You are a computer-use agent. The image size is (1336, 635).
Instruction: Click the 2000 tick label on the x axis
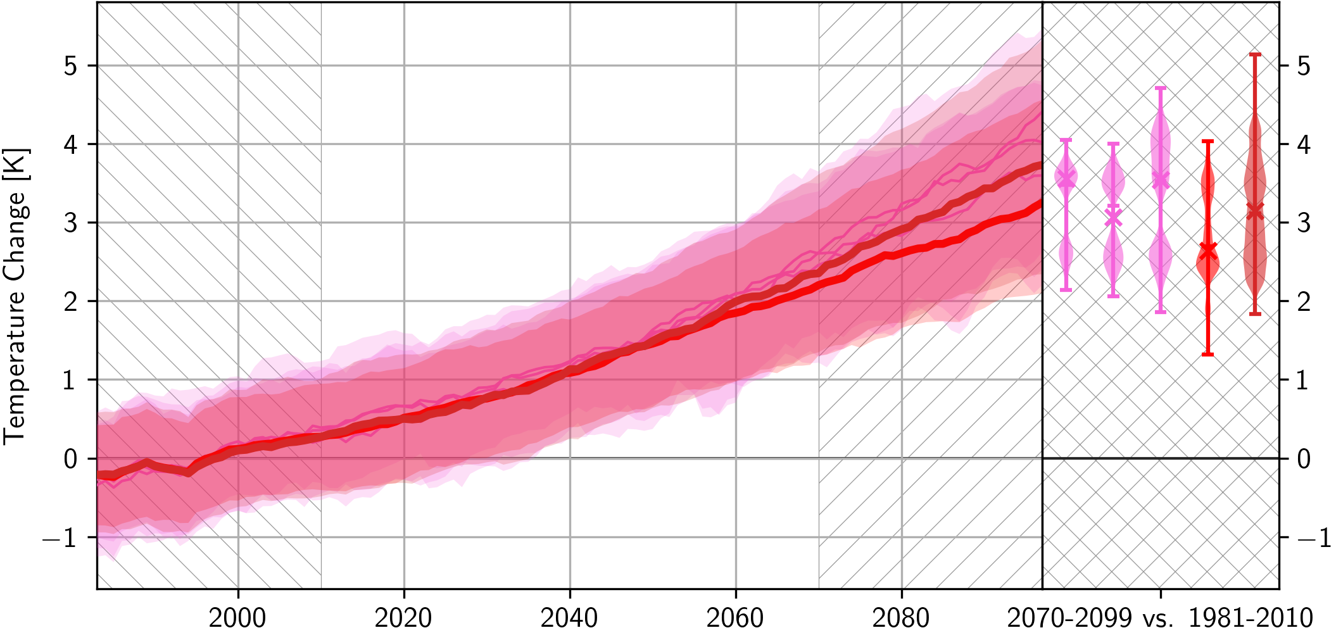(237, 617)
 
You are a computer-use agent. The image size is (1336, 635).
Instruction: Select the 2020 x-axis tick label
(403, 617)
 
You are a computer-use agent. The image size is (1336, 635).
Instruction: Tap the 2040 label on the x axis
(569, 617)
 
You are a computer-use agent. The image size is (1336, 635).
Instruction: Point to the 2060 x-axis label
(735, 617)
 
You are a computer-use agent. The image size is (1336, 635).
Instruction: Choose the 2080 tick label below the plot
(901, 617)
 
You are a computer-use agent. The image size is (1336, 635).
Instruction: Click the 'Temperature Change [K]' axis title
(15, 296)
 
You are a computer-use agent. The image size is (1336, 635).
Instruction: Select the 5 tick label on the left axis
(71, 66)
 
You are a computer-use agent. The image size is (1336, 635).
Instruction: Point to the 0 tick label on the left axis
(71, 459)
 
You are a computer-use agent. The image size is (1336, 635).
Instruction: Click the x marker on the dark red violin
(1255, 211)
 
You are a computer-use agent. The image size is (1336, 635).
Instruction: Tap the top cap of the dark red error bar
(1255, 54)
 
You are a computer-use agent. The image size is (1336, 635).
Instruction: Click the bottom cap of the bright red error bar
(1207, 354)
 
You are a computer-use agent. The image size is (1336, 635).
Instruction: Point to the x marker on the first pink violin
(1066, 179)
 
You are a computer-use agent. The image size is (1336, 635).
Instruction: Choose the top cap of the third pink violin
(1160, 88)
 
